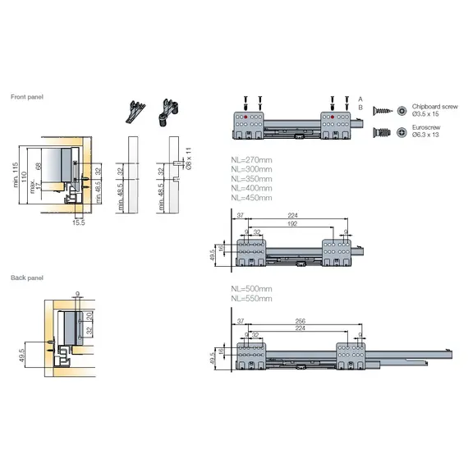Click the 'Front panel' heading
coord(27,97)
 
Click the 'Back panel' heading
coord(26,278)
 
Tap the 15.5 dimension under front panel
coord(78,222)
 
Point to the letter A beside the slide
coord(359,98)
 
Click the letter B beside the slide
coord(359,108)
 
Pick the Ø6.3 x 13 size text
coord(426,135)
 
